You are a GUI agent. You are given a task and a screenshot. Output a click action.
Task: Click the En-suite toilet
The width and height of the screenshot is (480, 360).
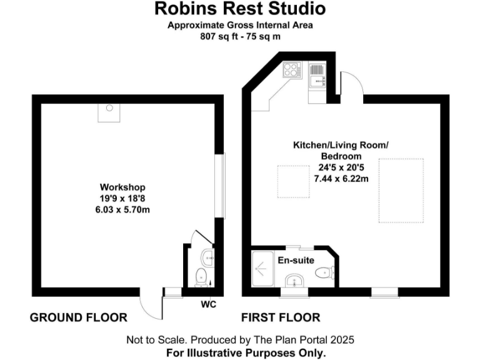(325, 272)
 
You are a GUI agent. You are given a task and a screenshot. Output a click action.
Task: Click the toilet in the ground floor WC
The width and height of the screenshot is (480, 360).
(202, 276)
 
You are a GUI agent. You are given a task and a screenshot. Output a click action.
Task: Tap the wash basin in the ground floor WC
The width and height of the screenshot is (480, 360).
(209, 257)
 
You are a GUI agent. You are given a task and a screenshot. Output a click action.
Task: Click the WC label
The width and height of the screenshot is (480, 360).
(209, 305)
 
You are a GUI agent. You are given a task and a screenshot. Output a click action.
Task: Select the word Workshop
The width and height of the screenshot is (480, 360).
(122, 187)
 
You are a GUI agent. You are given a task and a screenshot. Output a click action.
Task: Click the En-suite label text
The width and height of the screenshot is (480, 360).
(296, 260)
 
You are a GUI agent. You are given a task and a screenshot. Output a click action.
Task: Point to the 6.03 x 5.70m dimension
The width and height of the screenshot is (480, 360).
(122, 209)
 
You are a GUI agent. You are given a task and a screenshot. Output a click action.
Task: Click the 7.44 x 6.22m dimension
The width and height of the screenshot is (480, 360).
(341, 178)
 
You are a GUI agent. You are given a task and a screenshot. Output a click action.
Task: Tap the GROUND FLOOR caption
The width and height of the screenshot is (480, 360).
(78, 317)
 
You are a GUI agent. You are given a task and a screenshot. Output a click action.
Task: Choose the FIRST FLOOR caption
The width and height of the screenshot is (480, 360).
(281, 317)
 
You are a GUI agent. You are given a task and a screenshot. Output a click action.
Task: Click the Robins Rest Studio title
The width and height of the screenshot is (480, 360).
(240, 9)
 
